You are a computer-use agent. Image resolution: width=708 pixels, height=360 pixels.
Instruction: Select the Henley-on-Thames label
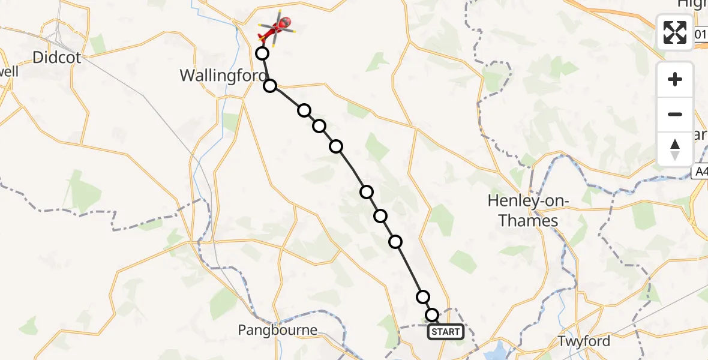[523, 211]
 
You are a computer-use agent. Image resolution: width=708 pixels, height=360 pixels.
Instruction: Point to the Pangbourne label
[277, 330]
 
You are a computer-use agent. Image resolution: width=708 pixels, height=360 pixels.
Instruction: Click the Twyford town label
[584, 341]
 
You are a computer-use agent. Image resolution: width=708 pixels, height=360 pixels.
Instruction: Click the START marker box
[445, 332]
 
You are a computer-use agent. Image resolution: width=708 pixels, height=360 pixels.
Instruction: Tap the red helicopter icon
[277, 27]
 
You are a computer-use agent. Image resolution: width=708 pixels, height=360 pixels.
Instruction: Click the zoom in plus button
[675, 79]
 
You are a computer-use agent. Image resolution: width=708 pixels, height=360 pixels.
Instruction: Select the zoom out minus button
[675, 114]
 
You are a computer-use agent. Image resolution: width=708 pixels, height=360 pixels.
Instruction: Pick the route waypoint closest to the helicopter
[262, 53]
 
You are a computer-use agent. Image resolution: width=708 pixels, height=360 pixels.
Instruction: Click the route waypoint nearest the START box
[432, 315]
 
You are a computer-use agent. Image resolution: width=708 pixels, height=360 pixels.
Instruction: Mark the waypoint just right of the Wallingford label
[271, 86]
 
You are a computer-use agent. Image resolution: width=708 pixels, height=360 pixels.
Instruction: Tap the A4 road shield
[700, 173]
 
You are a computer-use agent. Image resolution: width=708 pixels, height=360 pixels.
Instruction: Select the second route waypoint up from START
[423, 296]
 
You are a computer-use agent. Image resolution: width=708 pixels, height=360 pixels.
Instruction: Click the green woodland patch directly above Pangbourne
[224, 303]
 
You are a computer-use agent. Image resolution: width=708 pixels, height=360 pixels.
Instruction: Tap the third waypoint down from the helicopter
[304, 110]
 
